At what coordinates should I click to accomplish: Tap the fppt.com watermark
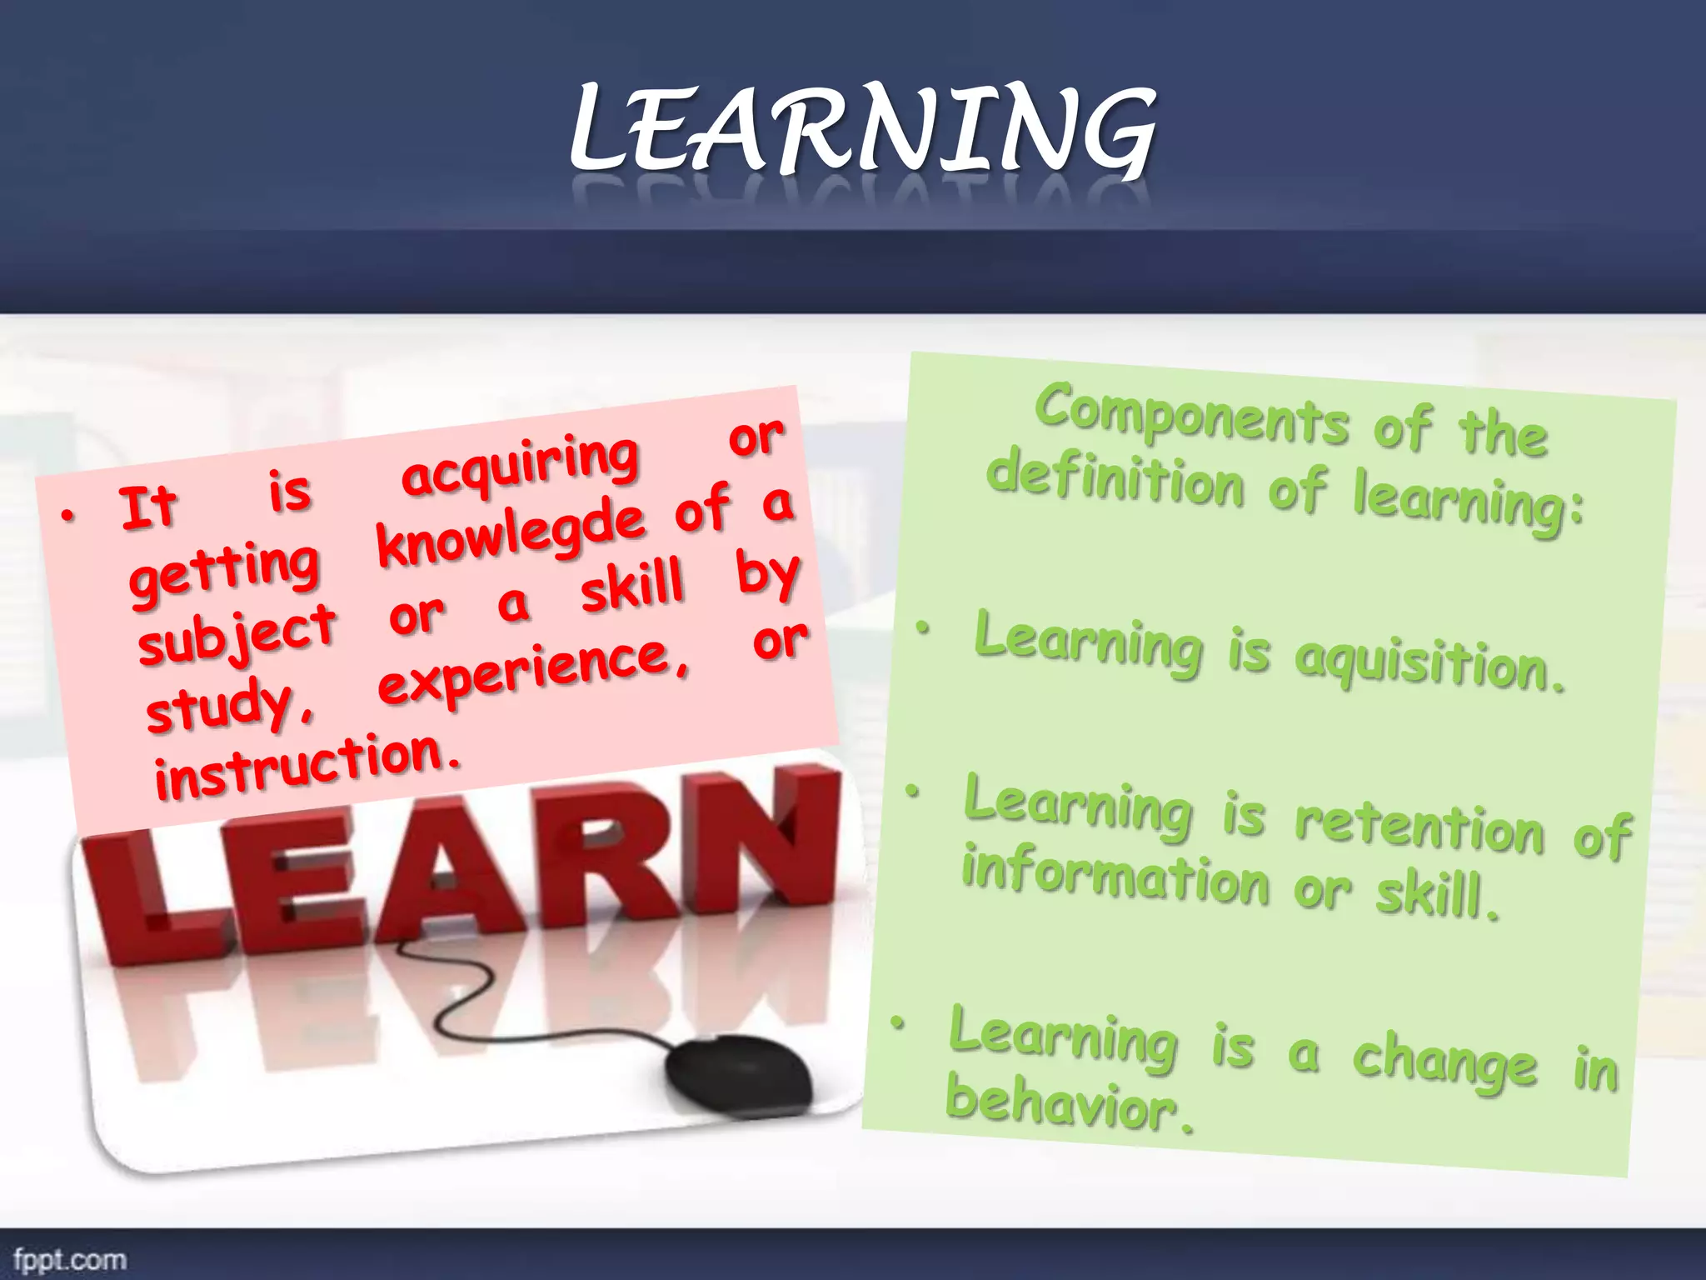point(70,1259)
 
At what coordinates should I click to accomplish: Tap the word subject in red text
point(237,635)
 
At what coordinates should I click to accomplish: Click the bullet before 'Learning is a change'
point(897,1022)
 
